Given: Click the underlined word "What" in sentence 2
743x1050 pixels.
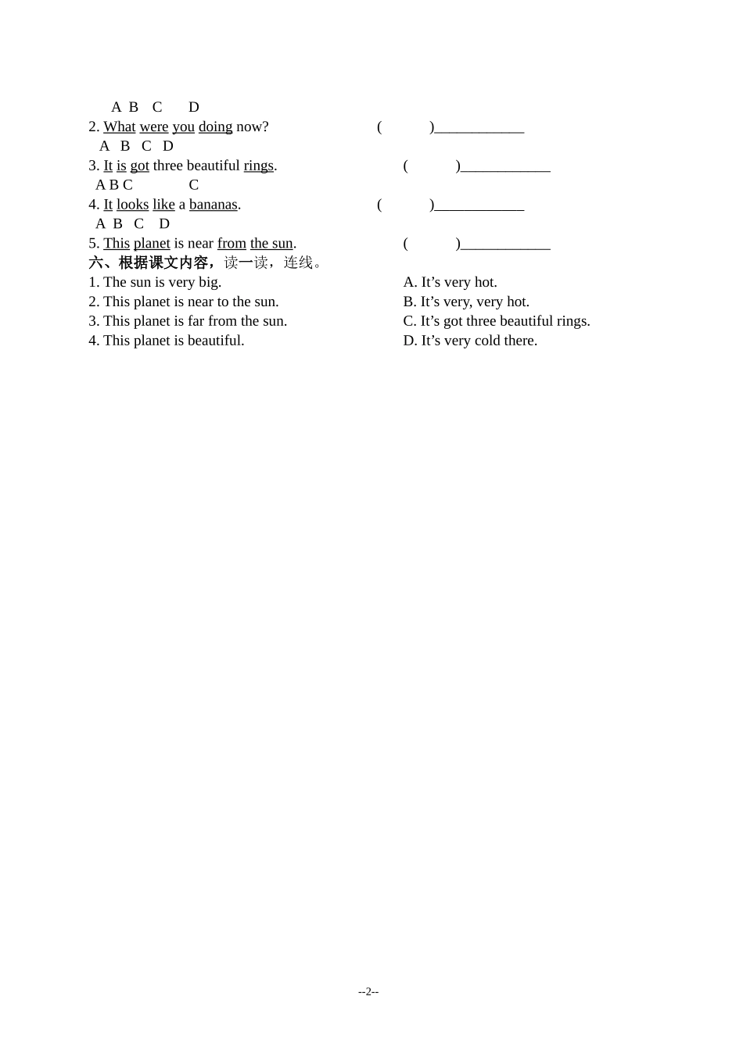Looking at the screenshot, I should tap(119, 127).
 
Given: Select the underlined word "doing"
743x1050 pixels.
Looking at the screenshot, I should tap(215, 127).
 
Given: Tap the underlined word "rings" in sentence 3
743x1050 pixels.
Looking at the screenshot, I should tap(258, 166).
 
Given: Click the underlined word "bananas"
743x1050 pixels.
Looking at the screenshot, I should tap(213, 205).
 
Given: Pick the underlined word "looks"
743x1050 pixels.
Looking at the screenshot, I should tap(132, 205).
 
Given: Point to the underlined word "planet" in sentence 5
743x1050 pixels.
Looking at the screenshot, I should tap(152, 244).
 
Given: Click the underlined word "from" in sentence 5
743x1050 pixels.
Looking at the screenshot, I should tap(232, 244).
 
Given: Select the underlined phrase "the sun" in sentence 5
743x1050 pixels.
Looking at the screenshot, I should tap(271, 244).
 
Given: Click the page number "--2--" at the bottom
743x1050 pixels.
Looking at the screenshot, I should tap(368, 991).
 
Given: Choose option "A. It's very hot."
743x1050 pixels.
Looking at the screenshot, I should tap(450, 282).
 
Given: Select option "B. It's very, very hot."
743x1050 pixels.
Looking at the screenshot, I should tap(466, 302).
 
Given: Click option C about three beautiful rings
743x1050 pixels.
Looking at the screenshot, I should tap(497, 321).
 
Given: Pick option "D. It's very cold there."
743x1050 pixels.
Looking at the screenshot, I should tap(470, 341).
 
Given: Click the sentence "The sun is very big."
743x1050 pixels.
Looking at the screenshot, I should tap(162, 282).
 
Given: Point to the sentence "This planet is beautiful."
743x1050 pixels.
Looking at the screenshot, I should tap(174, 341).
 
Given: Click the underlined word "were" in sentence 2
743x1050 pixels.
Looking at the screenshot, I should tap(154, 127).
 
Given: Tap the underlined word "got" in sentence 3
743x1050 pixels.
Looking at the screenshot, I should tap(139, 166).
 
